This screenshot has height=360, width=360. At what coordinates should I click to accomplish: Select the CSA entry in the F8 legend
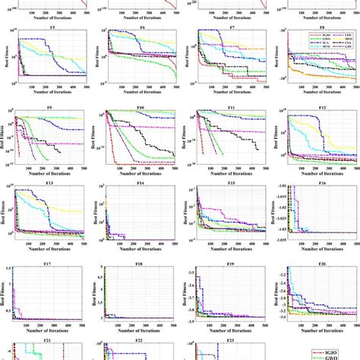click(342, 43)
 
